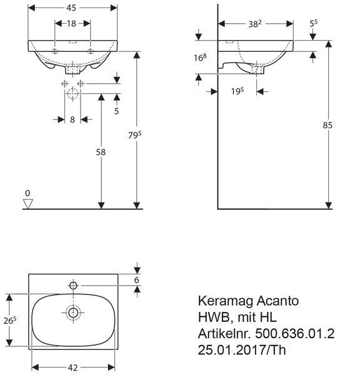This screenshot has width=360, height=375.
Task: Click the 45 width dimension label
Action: (71, 8)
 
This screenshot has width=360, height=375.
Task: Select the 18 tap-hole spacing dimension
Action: (71, 24)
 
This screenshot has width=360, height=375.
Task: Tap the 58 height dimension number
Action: (101, 152)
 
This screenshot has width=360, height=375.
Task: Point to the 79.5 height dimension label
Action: (134, 135)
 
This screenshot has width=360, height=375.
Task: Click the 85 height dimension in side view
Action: (327, 125)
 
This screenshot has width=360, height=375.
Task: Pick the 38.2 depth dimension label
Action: (255, 24)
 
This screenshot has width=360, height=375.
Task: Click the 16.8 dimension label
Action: (200, 57)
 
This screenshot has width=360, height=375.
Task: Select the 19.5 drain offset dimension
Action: (237, 91)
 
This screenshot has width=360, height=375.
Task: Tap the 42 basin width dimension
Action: (72, 367)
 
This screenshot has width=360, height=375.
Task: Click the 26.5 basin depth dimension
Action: (10, 321)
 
